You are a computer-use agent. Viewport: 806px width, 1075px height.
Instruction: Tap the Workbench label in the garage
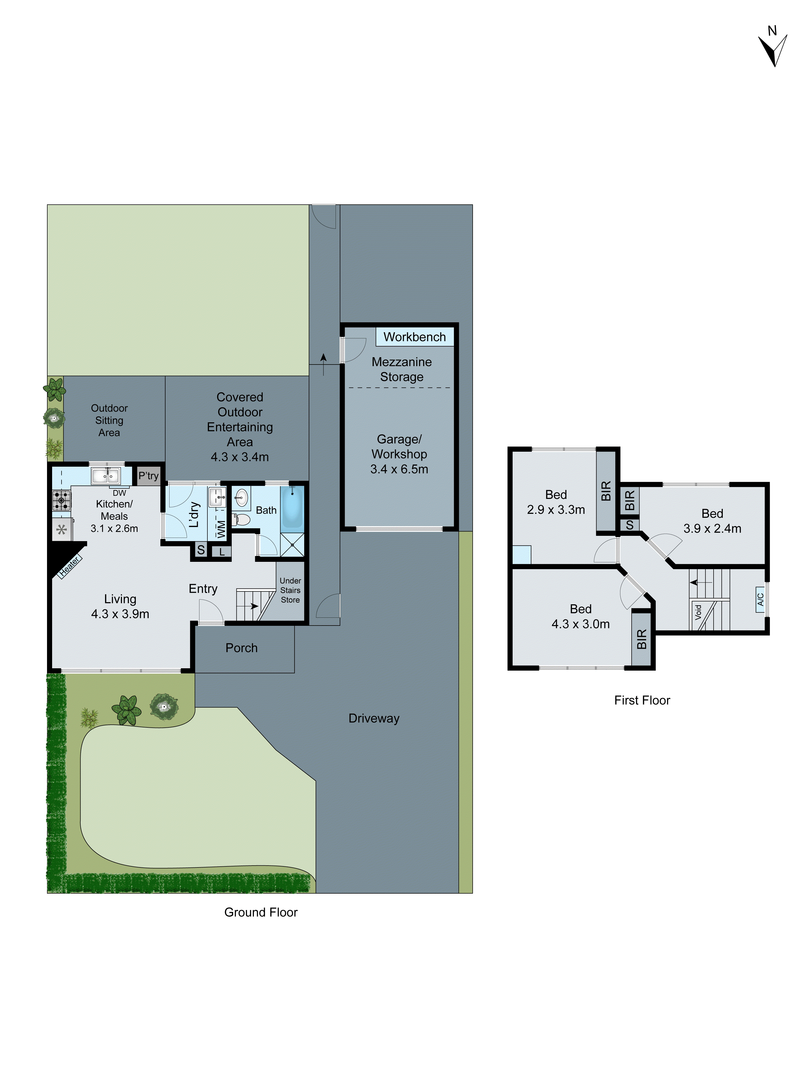[414, 337]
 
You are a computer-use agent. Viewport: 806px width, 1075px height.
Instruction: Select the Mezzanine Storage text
[401, 369]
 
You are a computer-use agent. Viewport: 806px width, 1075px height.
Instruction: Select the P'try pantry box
[148, 476]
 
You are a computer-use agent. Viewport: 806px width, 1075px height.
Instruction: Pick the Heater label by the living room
[69, 567]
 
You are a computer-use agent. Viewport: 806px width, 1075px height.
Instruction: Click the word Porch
[242, 648]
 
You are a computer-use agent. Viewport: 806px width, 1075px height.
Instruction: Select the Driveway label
[374, 718]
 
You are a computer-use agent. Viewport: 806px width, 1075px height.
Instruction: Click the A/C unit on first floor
[760, 599]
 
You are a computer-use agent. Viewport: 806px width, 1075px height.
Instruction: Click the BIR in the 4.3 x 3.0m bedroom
[641, 639]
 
